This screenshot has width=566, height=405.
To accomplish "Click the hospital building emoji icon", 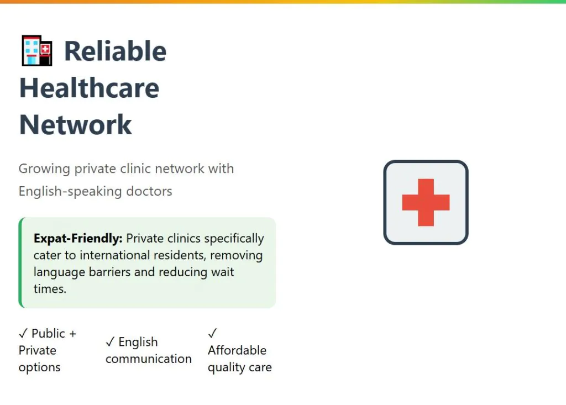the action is tap(37, 50).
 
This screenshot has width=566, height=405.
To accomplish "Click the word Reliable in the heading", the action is tap(115, 51).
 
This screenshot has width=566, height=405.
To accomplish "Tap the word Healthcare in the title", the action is tap(89, 88).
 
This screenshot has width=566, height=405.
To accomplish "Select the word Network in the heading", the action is tap(75, 124).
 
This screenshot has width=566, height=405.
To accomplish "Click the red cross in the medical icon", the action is tap(426, 202).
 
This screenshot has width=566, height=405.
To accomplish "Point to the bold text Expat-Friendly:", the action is tap(78, 238).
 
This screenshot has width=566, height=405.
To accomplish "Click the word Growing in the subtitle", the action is tap(44, 169).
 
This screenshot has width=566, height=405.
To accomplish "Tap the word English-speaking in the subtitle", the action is tap(70, 191).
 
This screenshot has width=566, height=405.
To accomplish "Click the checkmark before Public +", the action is tap(23, 334).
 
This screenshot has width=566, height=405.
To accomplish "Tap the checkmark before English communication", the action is tap(110, 342).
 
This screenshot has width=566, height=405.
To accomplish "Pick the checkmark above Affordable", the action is tap(212, 333).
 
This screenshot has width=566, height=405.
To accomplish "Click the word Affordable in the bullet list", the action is tap(237, 350).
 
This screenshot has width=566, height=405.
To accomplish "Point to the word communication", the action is tap(149, 359).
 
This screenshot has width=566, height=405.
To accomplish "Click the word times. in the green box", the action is tap(50, 289).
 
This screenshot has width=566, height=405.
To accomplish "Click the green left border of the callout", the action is tap(20, 262).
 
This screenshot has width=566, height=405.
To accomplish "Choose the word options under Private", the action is tap(40, 367).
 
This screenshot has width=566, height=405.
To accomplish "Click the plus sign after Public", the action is tap(72, 334).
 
